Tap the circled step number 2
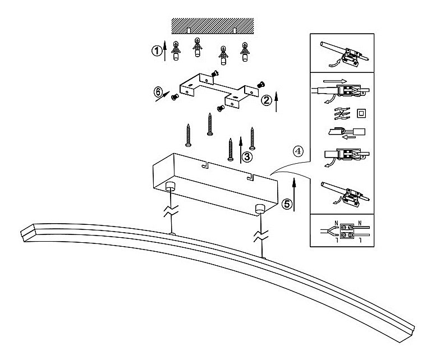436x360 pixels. coord(267,100)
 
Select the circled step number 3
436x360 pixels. coord(247,156)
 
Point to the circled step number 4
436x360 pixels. coord(299,150)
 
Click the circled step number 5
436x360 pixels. coord(287,204)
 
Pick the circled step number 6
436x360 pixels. coord(158,91)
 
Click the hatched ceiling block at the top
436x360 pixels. coord(213,25)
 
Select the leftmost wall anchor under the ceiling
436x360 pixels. coord(176,51)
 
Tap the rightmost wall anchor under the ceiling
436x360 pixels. coord(244,52)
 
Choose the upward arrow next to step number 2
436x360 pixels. coord(277,102)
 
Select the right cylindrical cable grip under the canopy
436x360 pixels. coord(259,209)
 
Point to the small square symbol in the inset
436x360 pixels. coord(362,114)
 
